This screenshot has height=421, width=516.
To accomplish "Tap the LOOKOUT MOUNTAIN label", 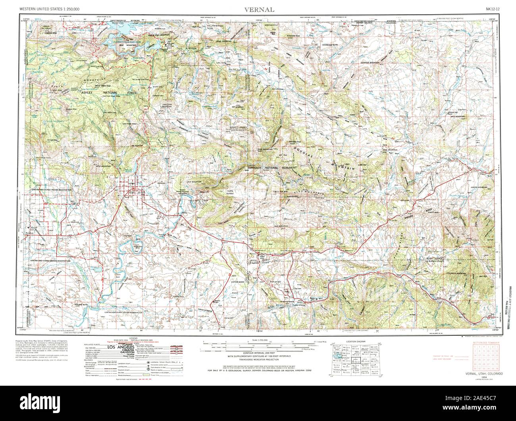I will click(368, 63).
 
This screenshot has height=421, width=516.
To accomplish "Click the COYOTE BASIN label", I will click(239, 282).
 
